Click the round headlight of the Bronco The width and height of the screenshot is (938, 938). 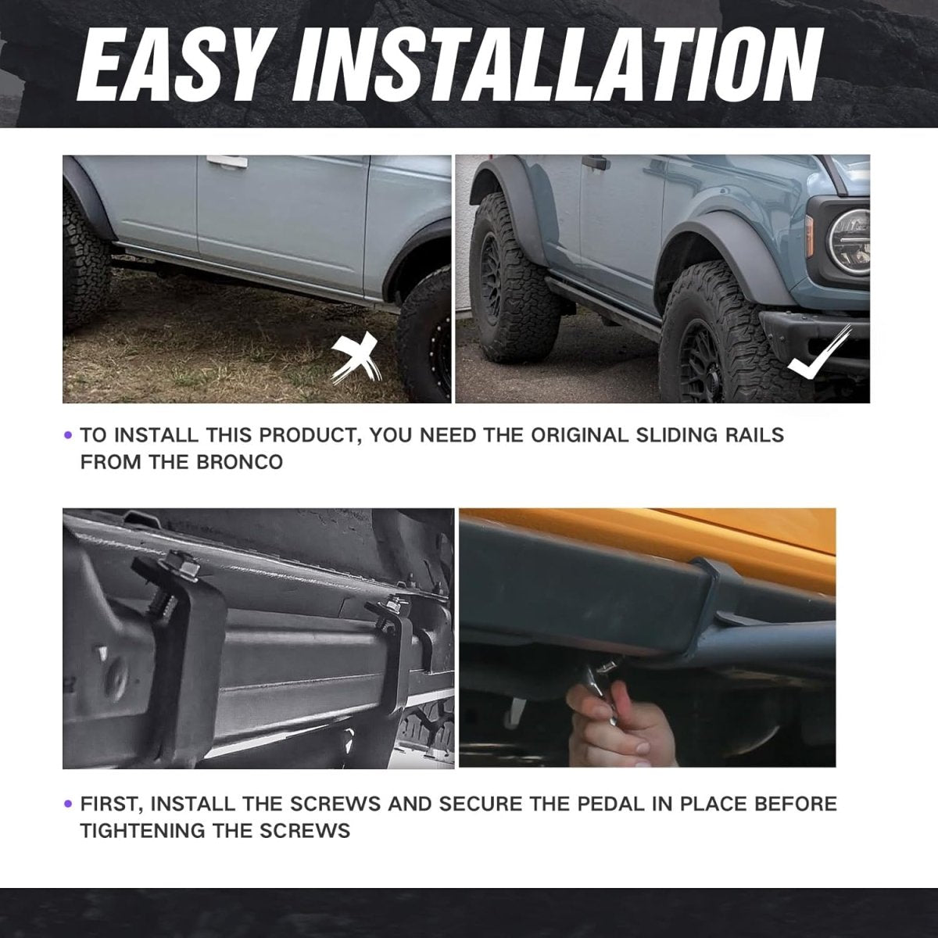tap(850, 242)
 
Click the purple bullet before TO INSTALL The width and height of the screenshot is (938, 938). tap(68, 435)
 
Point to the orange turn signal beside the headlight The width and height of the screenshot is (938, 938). tap(809, 236)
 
